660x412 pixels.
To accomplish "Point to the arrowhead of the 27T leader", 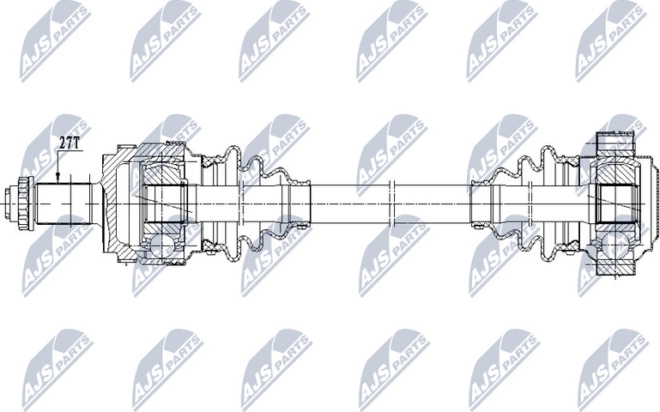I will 58,179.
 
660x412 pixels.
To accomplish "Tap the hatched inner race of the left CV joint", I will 163,202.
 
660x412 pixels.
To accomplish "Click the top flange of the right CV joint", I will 616,141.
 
